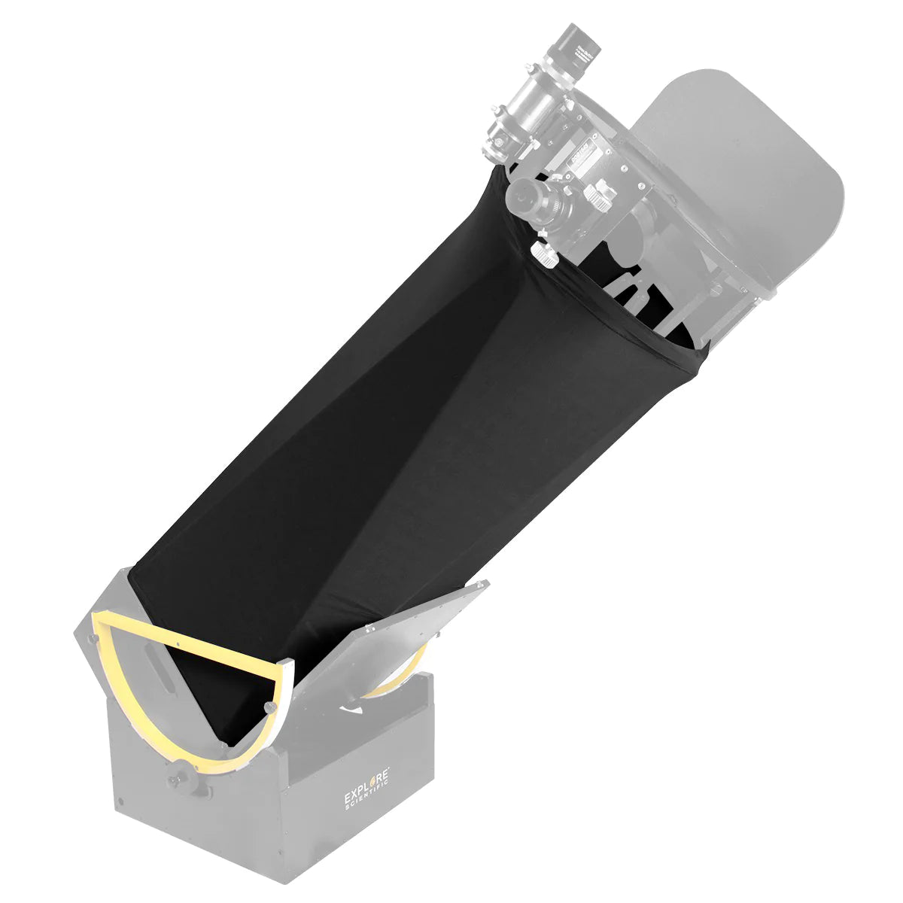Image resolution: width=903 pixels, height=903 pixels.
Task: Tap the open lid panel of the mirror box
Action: coord(421,625)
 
